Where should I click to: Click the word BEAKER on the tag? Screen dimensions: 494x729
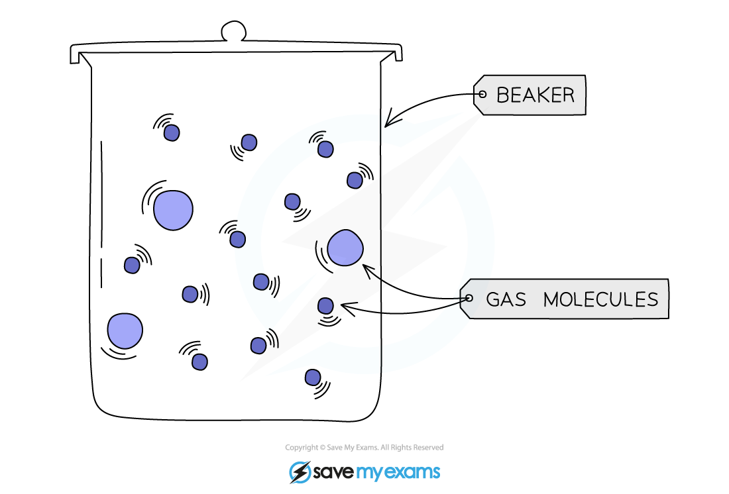[535, 95]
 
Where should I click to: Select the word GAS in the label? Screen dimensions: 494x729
[506, 299]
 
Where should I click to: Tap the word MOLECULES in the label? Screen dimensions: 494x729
[600, 299]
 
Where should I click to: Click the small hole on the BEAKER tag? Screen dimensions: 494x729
[482, 95]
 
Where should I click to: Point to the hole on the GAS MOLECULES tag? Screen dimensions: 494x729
[469, 299]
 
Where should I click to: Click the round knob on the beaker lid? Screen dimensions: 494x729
[233, 32]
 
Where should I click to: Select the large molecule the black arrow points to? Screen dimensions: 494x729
[345, 248]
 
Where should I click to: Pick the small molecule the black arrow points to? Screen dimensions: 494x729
[325, 305]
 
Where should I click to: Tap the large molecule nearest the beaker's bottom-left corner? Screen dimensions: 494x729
[125, 330]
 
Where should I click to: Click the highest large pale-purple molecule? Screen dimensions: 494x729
[173, 209]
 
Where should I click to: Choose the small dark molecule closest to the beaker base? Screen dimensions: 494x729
[313, 377]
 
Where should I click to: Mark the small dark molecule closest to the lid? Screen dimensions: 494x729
[172, 132]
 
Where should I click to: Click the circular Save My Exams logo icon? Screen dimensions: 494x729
[300, 472]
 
